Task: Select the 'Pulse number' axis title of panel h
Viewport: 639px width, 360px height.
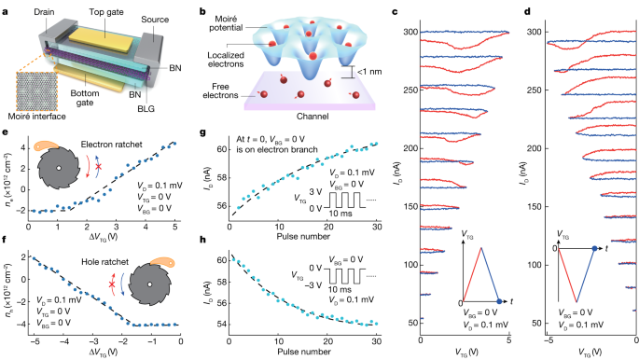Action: click(x=312, y=353)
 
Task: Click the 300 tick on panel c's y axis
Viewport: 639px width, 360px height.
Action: click(x=407, y=33)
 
